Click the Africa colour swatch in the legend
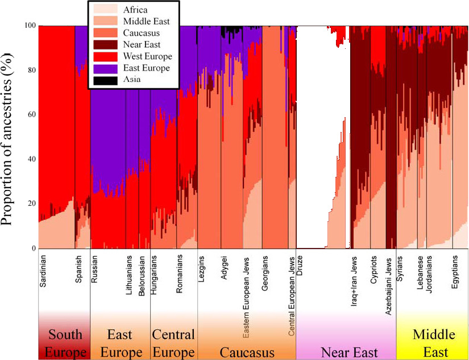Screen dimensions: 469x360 [x=105, y=9]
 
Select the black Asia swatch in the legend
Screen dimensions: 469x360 [x=105, y=80]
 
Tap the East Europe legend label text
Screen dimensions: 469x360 [x=146, y=68]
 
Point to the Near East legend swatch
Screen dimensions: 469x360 [x=105, y=44]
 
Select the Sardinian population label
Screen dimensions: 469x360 [x=43, y=271]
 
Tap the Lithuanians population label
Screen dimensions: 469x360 [x=129, y=275]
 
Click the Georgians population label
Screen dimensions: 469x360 [x=265, y=273]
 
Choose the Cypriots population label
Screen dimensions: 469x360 [x=373, y=270]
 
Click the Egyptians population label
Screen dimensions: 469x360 [x=455, y=272]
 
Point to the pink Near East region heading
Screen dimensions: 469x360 [x=349, y=353]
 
